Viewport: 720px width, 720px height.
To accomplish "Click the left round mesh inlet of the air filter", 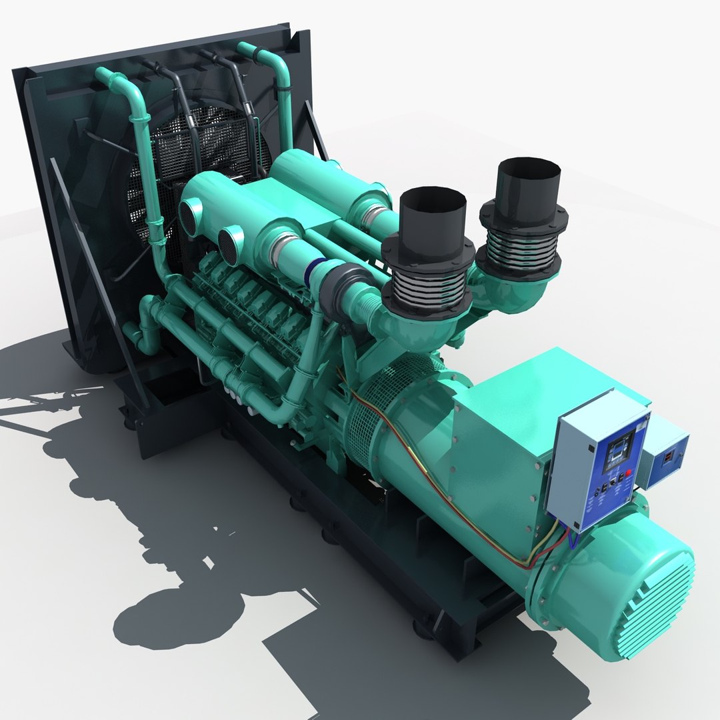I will [x=191, y=217].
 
